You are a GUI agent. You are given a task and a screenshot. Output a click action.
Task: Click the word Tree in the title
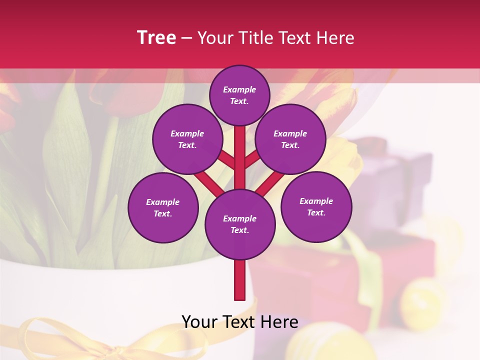[156, 38]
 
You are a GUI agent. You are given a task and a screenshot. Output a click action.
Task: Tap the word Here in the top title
[335, 38]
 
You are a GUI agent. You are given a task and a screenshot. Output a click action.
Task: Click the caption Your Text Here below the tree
[240, 322]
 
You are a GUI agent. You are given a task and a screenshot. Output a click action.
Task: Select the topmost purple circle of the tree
[239, 95]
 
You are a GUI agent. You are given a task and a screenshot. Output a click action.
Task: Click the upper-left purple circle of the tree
[187, 139]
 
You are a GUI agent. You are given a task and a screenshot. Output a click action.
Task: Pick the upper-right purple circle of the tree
[290, 139]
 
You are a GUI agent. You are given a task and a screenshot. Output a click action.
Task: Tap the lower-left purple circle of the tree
[163, 207]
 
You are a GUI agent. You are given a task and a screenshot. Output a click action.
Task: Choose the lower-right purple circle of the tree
[316, 206]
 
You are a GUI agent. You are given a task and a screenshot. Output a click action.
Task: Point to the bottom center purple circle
[240, 224]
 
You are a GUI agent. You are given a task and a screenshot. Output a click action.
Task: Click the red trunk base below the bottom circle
[240, 280]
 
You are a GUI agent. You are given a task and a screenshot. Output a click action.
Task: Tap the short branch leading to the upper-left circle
[227, 160]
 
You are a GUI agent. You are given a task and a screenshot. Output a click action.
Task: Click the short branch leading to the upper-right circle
[252, 160]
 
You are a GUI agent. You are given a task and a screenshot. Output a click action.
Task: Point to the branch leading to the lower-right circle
[270, 183]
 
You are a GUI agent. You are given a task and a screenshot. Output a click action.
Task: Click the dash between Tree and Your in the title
[186, 38]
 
